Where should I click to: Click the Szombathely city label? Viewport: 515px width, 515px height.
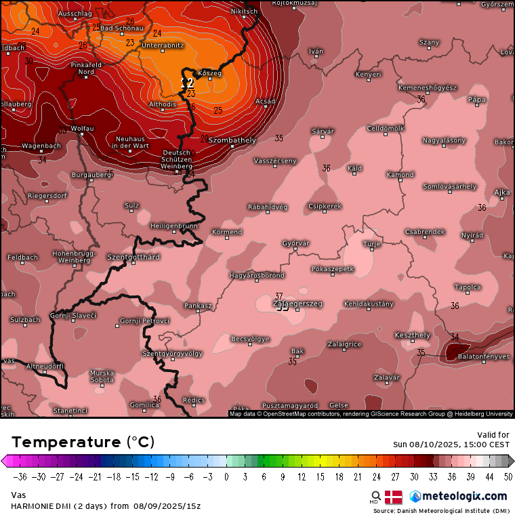pos(232,140)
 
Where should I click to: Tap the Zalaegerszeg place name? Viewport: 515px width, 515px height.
pos(297,304)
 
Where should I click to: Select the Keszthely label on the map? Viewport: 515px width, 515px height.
pos(412,335)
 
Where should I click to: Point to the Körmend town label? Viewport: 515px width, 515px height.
pos(227,232)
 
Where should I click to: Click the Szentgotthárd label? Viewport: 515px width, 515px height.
pos(133,257)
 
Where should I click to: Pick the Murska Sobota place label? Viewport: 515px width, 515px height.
pos(102,376)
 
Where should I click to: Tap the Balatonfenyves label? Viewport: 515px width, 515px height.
pos(484,356)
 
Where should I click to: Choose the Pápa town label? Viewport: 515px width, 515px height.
pos(477,99)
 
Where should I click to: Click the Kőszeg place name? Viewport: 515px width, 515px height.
pos(209,73)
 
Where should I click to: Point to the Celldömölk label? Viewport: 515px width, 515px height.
pos(386,128)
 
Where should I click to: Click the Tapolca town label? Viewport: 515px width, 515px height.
pos(468,287)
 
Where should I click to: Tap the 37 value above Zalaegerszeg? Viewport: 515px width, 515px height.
pos(279,296)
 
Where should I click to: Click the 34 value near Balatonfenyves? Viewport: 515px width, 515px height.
pos(455,337)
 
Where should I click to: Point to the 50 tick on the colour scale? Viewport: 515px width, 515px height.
pos(508,476)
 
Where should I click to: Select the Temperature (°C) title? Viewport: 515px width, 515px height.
pos(83,442)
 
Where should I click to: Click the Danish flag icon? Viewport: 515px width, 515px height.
pos(394,497)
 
